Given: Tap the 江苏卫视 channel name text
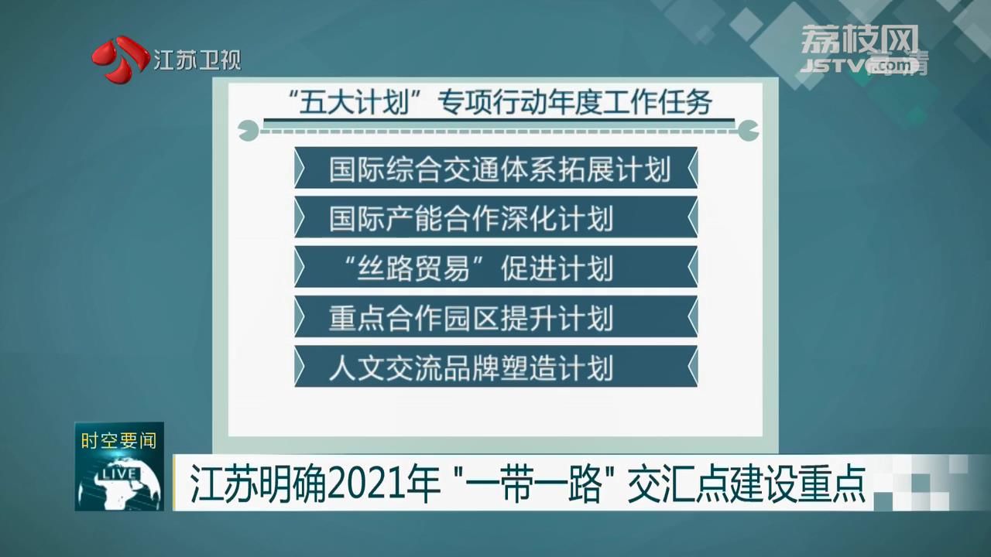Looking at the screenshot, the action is point(197,60).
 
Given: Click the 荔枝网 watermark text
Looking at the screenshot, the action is point(859,39).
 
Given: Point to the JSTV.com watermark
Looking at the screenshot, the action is point(862,66).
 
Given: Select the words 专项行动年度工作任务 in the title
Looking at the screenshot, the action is point(574,101).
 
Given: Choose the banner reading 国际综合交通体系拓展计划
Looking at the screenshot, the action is point(496,168).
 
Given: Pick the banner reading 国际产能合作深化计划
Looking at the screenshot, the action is point(496,217).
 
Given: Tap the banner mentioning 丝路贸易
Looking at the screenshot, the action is point(496,268).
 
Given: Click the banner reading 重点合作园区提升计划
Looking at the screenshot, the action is point(496,317).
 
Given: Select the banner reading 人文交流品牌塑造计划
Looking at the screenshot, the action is point(496,367).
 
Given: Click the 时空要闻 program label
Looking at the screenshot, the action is point(118,441).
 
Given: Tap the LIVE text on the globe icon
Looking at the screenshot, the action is point(119,474).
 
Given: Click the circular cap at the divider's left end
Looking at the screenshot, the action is point(249,131).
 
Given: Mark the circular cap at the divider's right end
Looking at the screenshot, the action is point(748,131).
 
